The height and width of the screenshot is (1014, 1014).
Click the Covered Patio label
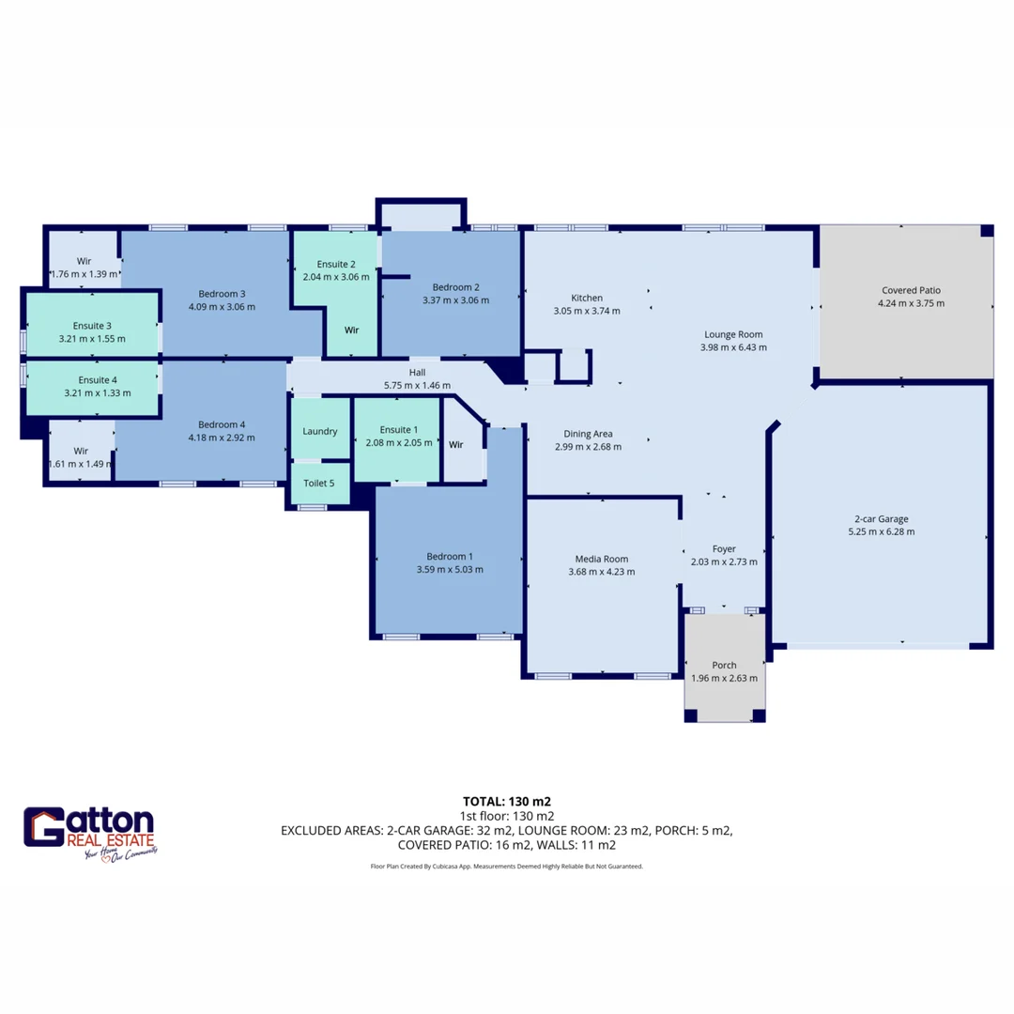click(911, 290)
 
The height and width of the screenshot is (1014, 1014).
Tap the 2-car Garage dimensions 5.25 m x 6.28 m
click(881, 531)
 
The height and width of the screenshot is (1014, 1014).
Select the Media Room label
click(602, 559)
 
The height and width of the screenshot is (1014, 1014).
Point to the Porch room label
click(724, 666)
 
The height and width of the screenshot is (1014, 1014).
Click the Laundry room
click(320, 431)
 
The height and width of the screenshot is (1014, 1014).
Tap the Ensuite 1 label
click(396, 429)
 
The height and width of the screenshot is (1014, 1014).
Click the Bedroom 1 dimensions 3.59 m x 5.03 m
click(450, 569)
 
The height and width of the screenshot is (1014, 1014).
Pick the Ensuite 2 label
click(336, 264)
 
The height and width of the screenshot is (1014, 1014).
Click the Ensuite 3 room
click(92, 326)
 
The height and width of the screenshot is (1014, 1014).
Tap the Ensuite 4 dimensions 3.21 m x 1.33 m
click(92, 393)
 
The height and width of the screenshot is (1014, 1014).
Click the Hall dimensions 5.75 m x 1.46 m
click(417, 385)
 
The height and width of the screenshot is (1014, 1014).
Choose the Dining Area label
click(588, 434)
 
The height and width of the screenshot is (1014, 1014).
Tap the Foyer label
click(724, 549)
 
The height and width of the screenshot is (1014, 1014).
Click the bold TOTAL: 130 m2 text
click(507, 802)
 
